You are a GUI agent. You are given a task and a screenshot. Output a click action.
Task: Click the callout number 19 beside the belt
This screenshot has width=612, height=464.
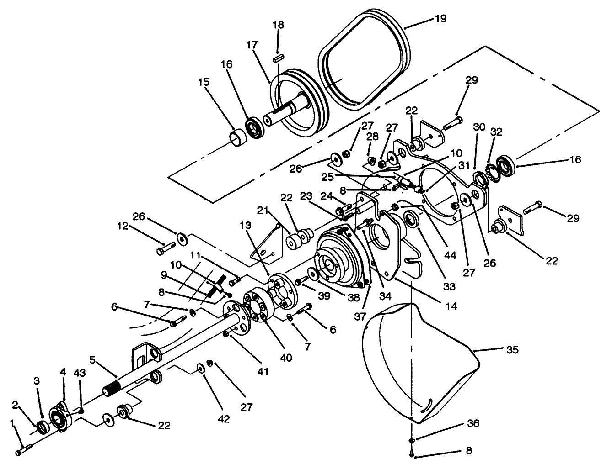(441, 18)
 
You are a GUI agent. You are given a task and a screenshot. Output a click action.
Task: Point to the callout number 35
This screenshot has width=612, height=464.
(512, 350)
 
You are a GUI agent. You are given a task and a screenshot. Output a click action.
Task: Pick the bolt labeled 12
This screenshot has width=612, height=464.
(166, 249)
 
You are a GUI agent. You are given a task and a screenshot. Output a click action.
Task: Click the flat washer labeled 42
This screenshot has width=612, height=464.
(200, 368)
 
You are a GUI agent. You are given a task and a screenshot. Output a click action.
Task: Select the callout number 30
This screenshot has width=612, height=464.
(478, 127)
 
